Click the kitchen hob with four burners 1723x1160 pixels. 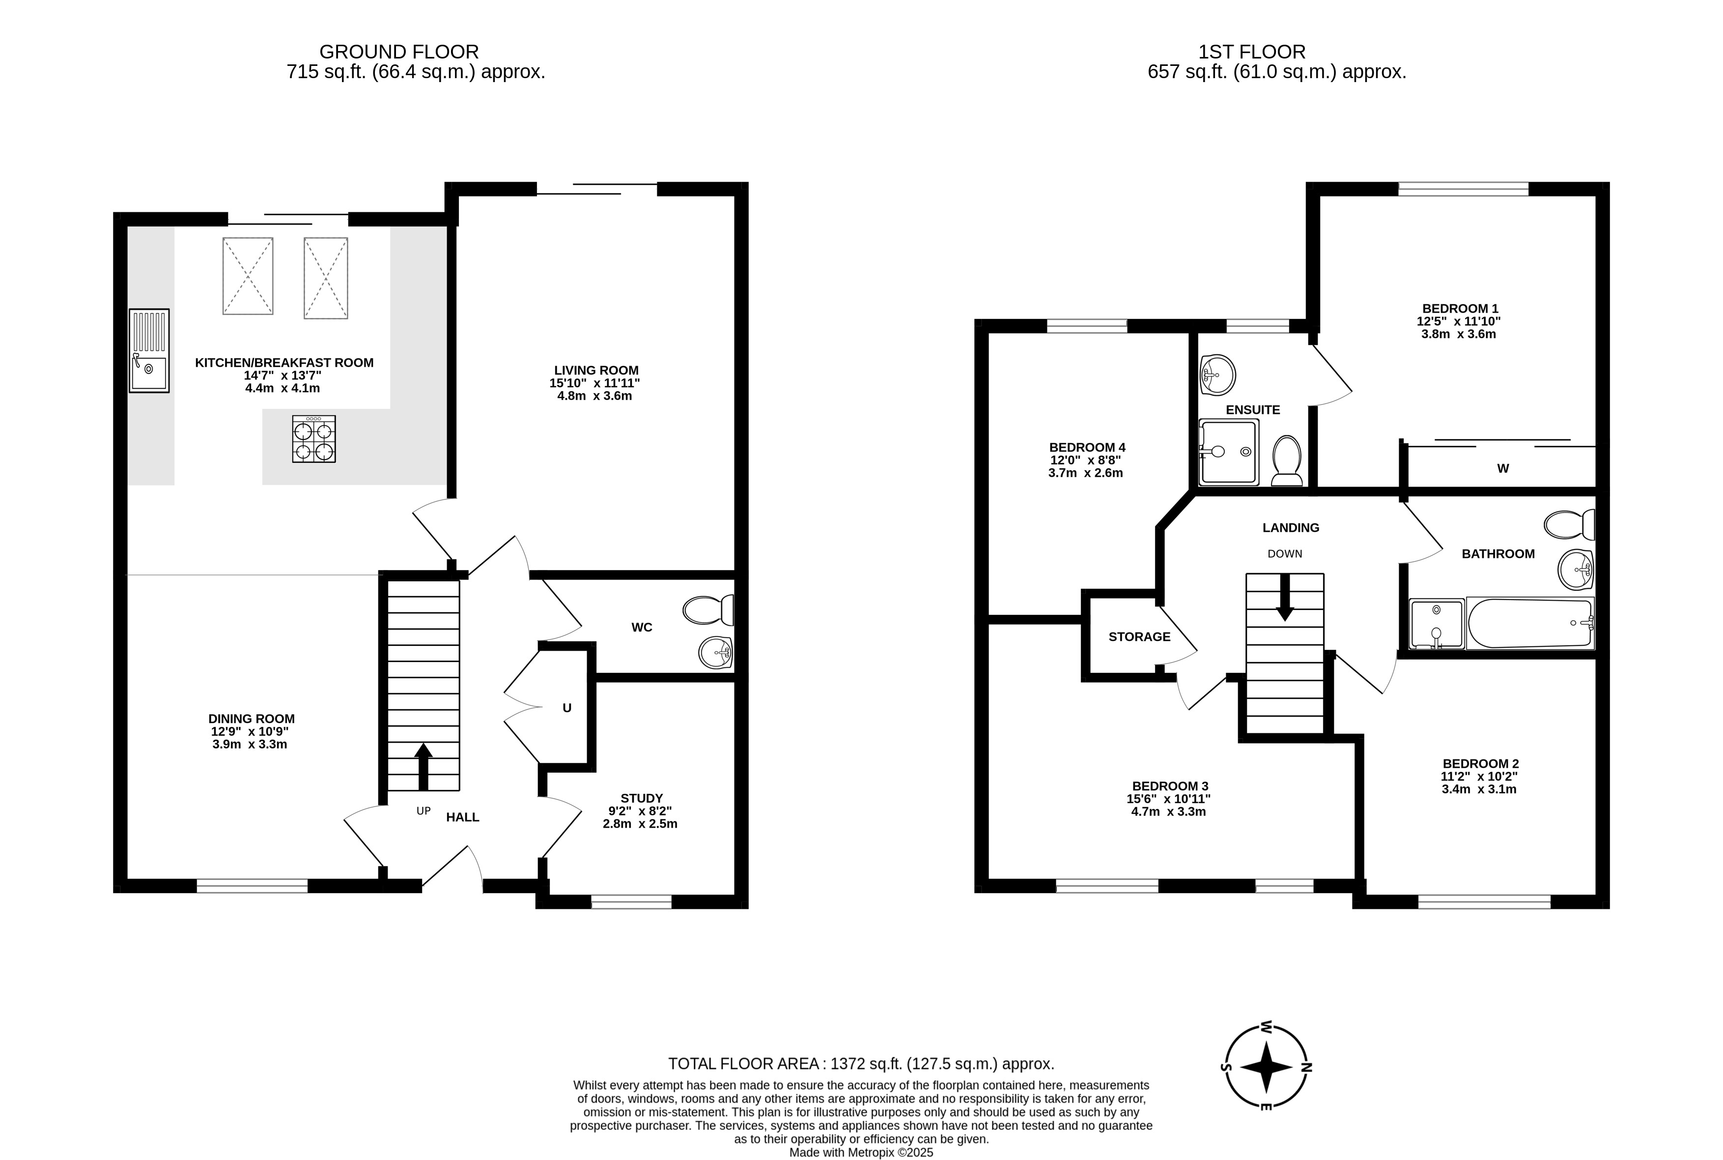tap(313, 439)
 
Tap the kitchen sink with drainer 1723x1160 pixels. tap(149, 350)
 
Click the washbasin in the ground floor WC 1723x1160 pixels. tap(715, 653)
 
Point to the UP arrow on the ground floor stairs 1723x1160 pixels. tap(423, 766)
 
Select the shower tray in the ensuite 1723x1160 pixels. tap(1228, 452)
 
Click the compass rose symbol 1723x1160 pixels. tap(1266, 1067)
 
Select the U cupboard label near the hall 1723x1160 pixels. tap(567, 708)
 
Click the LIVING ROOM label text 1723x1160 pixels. tap(596, 371)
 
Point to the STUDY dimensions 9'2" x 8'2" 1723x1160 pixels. tap(640, 811)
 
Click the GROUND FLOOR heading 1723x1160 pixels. tap(399, 52)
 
